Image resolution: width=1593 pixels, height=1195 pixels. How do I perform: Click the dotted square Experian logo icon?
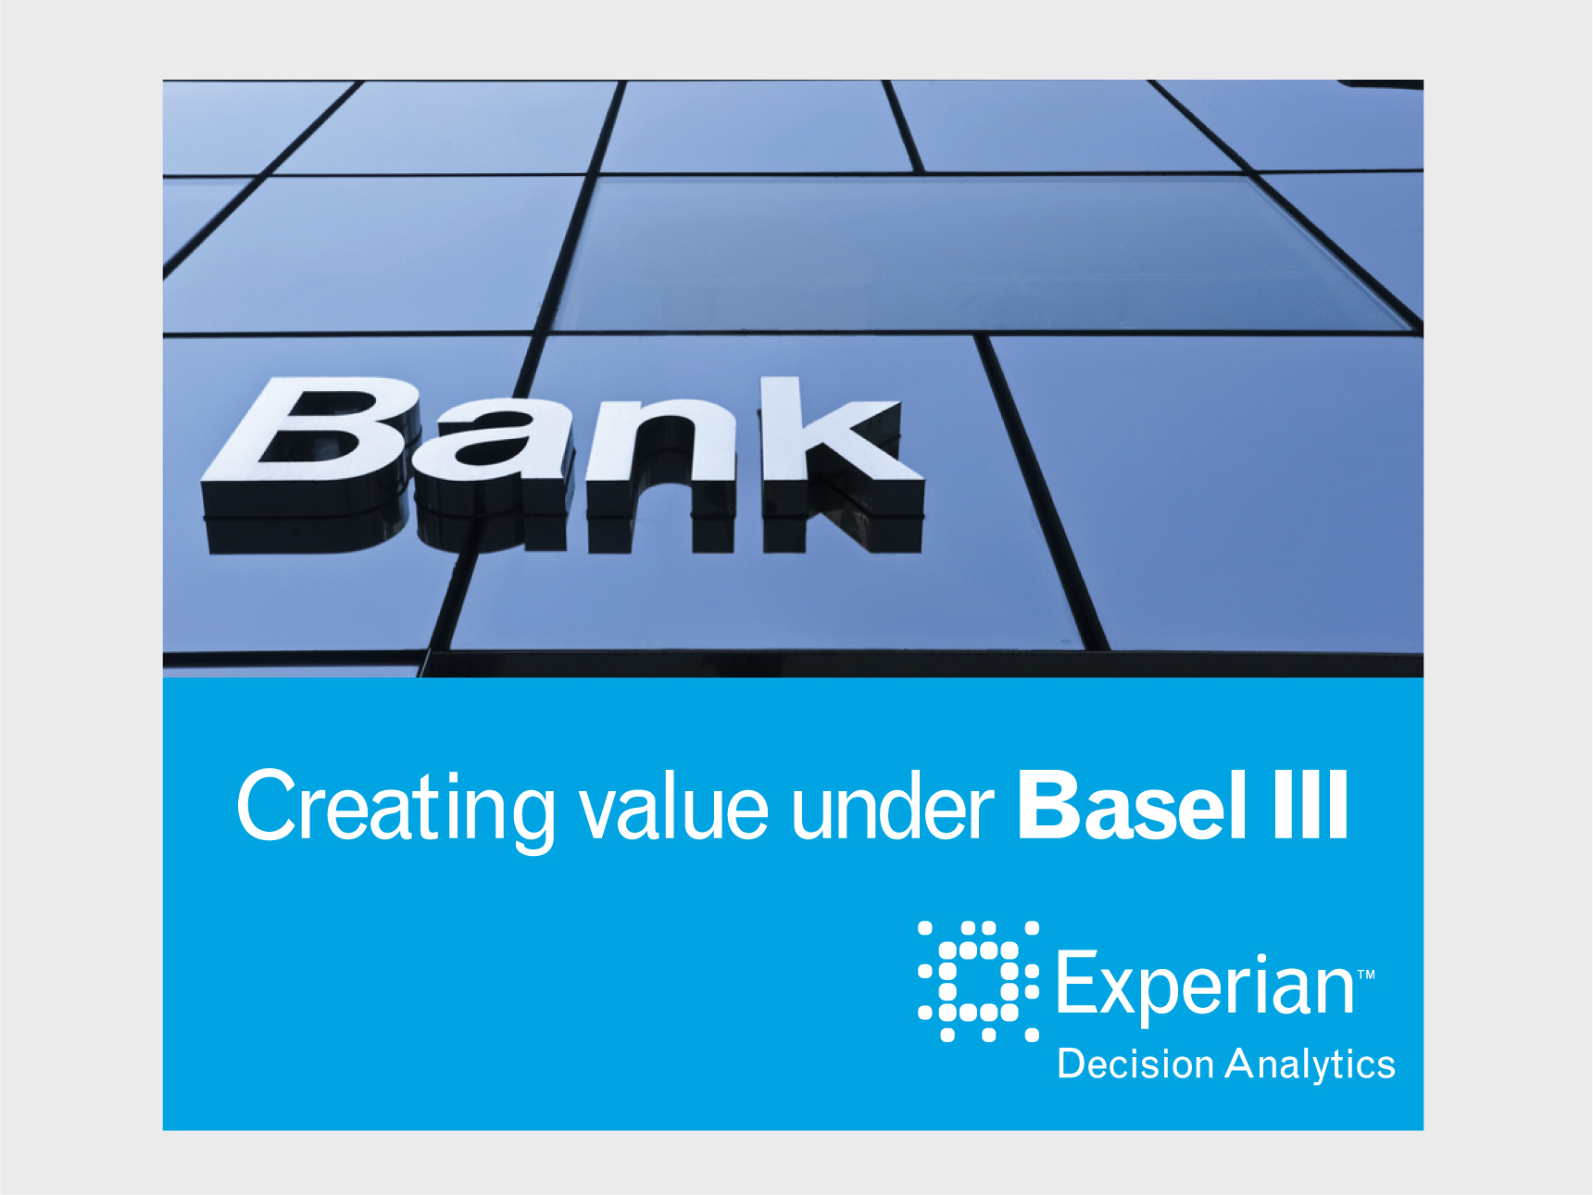[978, 981]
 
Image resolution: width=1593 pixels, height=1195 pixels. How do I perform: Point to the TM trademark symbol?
[1366, 975]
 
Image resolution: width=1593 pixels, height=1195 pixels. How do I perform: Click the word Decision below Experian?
[1135, 1063]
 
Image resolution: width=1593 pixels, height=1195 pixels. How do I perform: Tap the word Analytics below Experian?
[1310, 1066]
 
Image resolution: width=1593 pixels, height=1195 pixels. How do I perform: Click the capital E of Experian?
[1077, 981]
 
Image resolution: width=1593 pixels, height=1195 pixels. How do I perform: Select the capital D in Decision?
[1072, 1063]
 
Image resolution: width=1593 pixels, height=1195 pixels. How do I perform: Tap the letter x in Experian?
[1123, 988]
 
